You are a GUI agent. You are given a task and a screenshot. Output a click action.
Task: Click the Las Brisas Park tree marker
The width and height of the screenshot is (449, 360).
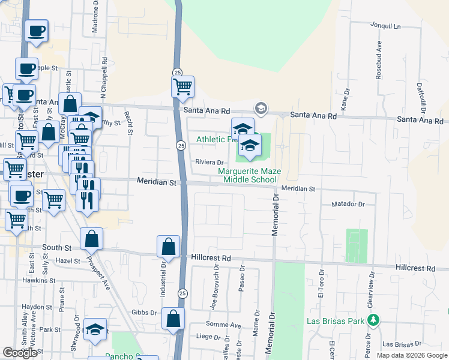point(374,320)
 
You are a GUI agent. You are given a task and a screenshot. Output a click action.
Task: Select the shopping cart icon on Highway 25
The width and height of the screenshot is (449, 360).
point(182,86)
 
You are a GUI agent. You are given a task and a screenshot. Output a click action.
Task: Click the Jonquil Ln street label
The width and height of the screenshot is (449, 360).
point(386,26)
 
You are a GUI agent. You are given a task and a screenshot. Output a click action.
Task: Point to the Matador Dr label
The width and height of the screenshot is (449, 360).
point(348,205)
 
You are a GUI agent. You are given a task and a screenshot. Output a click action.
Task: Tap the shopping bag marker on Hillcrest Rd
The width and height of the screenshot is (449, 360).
point(168,246)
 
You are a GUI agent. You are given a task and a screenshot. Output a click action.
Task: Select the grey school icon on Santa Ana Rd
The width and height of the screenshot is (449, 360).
point(261,108)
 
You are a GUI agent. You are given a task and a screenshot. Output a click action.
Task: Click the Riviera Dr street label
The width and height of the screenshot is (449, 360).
point(209,162)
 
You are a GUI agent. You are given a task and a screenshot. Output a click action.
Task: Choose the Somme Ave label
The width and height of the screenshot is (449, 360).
point(228,325)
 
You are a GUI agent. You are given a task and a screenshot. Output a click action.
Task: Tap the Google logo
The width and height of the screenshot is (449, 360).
point(20,353)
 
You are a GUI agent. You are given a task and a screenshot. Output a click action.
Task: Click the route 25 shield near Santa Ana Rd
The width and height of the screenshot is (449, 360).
point(177,72)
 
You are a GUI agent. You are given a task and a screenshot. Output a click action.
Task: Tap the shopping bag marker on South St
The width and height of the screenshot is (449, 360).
point(91,239)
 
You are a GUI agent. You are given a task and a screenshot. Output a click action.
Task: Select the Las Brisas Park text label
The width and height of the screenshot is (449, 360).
point(336,321)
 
